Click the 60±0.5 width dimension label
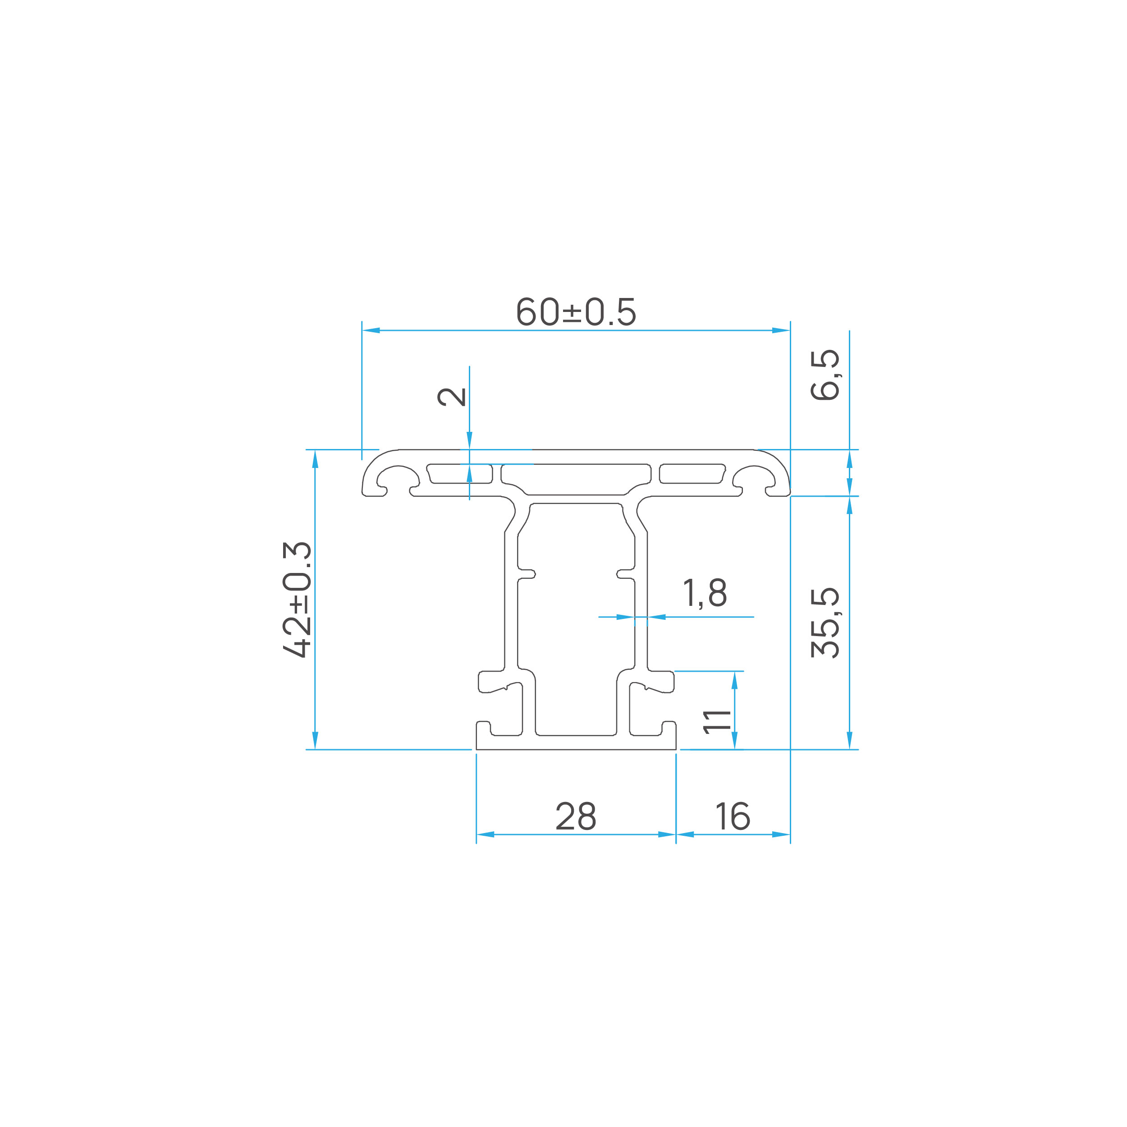pos(576,312)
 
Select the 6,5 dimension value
pos(825,375)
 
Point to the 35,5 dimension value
pos(825,623)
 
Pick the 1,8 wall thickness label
pos(705,593)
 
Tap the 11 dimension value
pos(718,722)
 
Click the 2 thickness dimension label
pos(452,397)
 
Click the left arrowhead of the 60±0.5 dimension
pos(371,330)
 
